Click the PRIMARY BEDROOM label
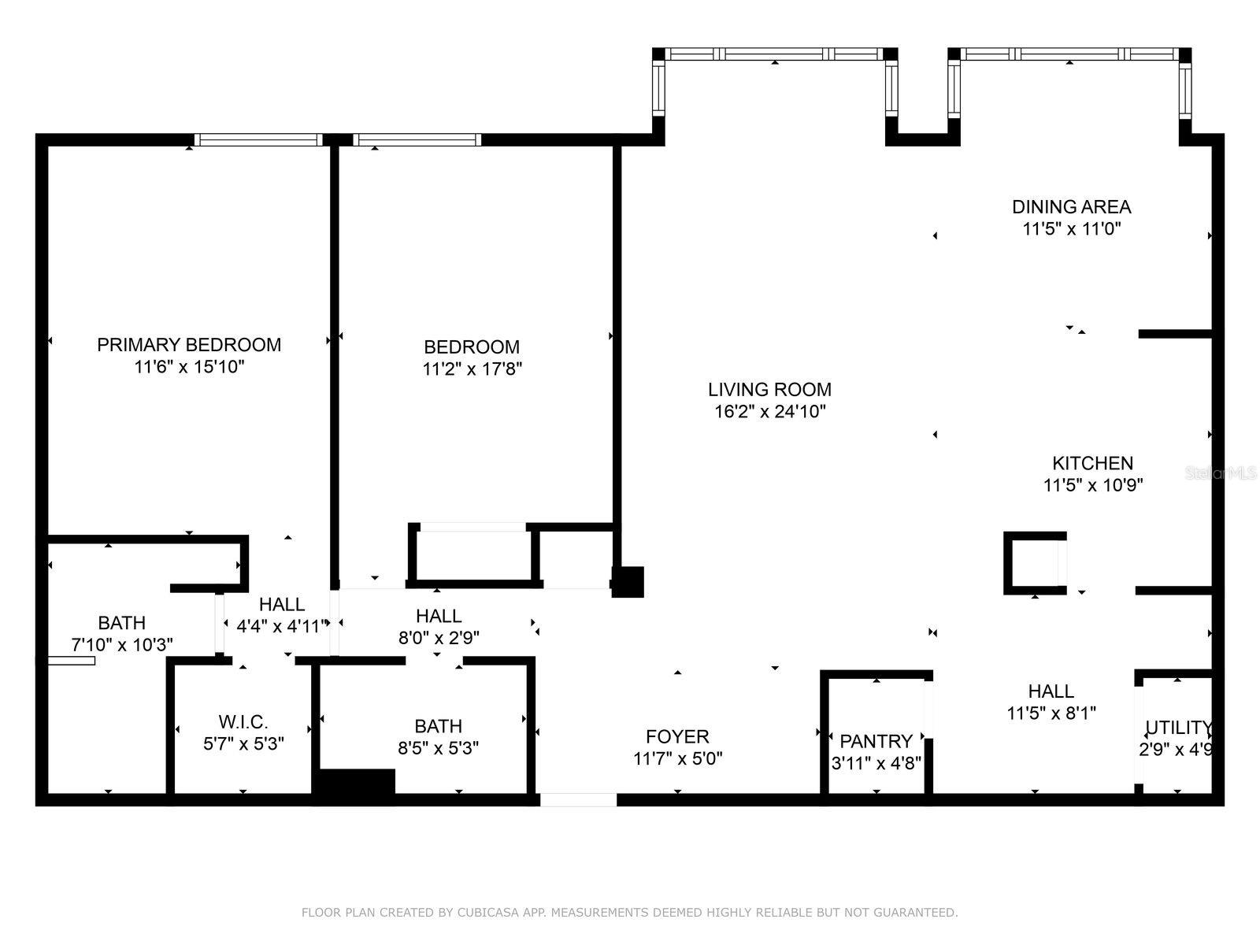coord(189,344)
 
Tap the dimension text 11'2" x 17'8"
coord(472,369)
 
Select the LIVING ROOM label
coord(769,389)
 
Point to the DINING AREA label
coord(1071,207)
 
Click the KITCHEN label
coord(1092,463)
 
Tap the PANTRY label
coord(876,741)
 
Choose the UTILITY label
coord(1177,728)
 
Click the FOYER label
coord(677,736)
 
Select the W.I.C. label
coord(243,721)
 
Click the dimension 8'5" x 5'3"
coord(438,747)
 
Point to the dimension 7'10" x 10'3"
coord(122,645)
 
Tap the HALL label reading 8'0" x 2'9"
coord(439,616)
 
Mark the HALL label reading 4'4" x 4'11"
coord(282,605)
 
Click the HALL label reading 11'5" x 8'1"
coord(1051,691)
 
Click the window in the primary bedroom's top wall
coord(258,139)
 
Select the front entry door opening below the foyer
coord(578,800)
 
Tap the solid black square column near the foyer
coord(628,582)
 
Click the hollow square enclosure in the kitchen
coord(1034,563)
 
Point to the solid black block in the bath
coord(354,785)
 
